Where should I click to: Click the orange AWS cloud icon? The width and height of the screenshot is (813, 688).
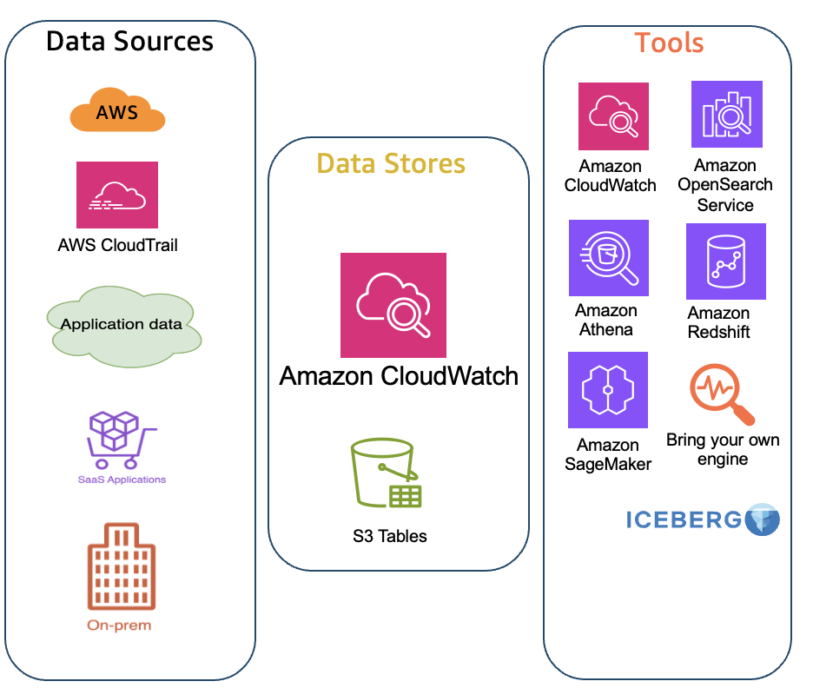click(117, 112)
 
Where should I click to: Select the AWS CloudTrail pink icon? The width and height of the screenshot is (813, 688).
click(117, 195)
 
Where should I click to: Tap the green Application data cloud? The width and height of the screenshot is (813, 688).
click(122, 325)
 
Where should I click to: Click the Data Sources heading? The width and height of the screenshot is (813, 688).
click(129, 41)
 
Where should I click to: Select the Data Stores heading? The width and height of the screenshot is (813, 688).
click(391, 163)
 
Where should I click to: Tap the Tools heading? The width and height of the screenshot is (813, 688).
click(669, 43)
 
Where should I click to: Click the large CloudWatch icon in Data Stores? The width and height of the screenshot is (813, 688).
click(393, 305)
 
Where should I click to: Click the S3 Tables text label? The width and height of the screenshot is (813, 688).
click(390, 536)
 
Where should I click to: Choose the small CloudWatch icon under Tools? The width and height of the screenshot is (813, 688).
click(613, 116)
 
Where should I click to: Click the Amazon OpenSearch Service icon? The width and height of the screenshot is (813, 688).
click(726, 114)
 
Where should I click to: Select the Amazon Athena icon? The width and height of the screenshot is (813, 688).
click(608, 258)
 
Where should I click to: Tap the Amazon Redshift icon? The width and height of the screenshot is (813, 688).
click(725, 261)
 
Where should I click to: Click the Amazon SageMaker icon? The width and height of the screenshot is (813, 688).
click(607, 389)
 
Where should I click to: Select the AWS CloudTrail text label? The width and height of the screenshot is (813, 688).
click(117, 246)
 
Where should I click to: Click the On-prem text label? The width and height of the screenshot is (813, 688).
click(119, 625)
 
